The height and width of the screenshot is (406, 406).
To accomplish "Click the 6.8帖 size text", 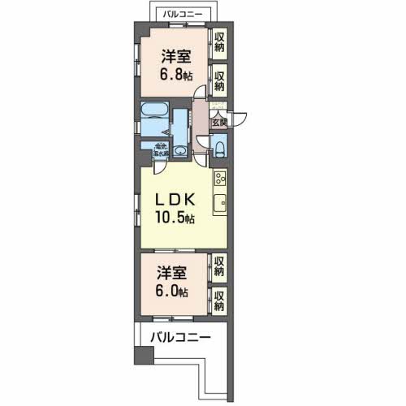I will point(176,75).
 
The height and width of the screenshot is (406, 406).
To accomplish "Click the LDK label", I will point(174,200).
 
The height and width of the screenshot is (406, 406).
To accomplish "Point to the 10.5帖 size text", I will point(175,217).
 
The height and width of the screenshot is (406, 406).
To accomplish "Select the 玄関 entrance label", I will point(218,123).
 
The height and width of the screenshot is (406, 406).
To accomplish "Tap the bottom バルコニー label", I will point(179,337).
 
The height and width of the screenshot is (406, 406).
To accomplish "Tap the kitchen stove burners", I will point(218,178).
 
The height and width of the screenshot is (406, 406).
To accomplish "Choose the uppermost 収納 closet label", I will point(219,41).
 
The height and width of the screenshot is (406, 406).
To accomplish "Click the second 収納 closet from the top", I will point(219,80).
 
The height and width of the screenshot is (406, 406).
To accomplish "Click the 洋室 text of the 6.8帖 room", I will point(175,57).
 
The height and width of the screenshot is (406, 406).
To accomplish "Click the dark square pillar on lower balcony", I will point(143,356).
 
